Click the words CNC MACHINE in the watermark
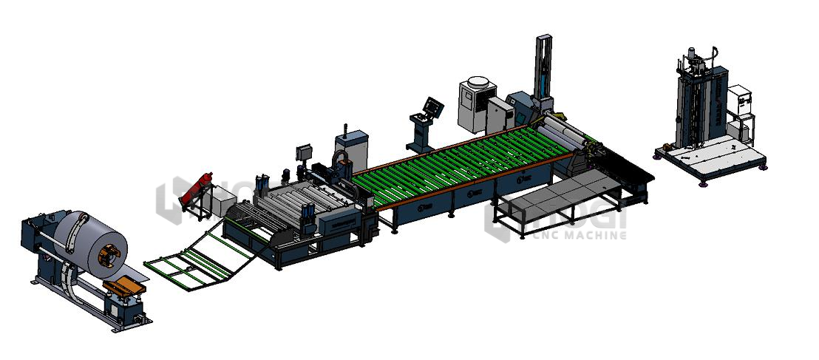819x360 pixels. point(577,236)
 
